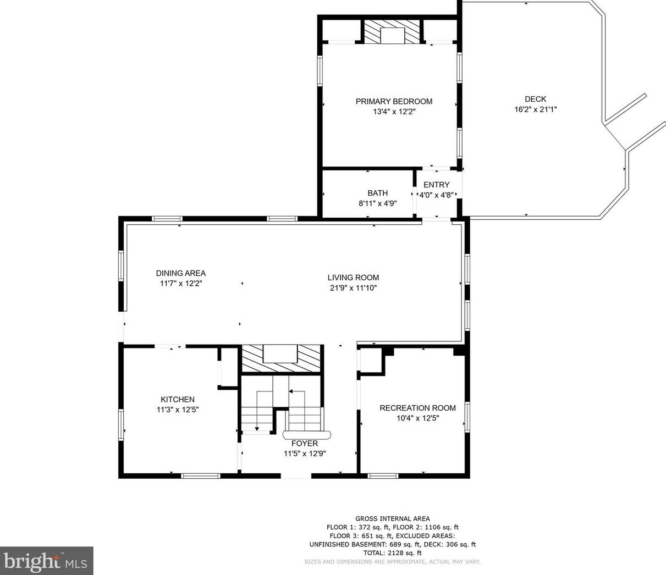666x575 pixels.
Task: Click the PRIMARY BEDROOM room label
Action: pyautogui.click(x=394, y=102)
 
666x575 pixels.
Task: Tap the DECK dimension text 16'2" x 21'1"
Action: pyautogui.click(x=536, y=109)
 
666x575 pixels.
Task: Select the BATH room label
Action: pyautogui.click(x=378, y=193)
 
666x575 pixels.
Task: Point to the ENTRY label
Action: pyautogui.click(x=436, y=185)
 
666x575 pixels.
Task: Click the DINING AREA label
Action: pyautogui.click(x=181, y=273)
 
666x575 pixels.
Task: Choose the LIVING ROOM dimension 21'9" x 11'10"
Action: pyautogui.click(x=354, y=288)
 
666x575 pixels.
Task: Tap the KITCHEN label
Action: pyautogui.click(x=178, y=400)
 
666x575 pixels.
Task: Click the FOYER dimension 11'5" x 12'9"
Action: pyautogui.click(x=305, y=454)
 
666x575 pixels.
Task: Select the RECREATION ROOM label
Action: pyautogui.click(x=417, y=408)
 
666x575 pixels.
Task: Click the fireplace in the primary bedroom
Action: pyautogui.click(x=392, y=31)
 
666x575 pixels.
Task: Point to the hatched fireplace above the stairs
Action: pyautogui.click(x=281, y=359)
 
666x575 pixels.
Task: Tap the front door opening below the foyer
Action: pyautogui.click(x=296, y=476)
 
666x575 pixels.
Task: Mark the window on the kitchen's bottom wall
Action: pyautogui.click(x=200, y=476)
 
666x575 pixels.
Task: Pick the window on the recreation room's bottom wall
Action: pyautogui.click(x=383, y=476)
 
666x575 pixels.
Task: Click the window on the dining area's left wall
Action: pyautogui.click(x=121, y=266)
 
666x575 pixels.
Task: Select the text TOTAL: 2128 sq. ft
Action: pyautogui.click(x=393, y=553)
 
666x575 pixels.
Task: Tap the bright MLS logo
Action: pyautogui.click(x=46, y=561)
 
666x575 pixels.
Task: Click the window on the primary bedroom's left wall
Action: pyautogui.click(x=320, y=70)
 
